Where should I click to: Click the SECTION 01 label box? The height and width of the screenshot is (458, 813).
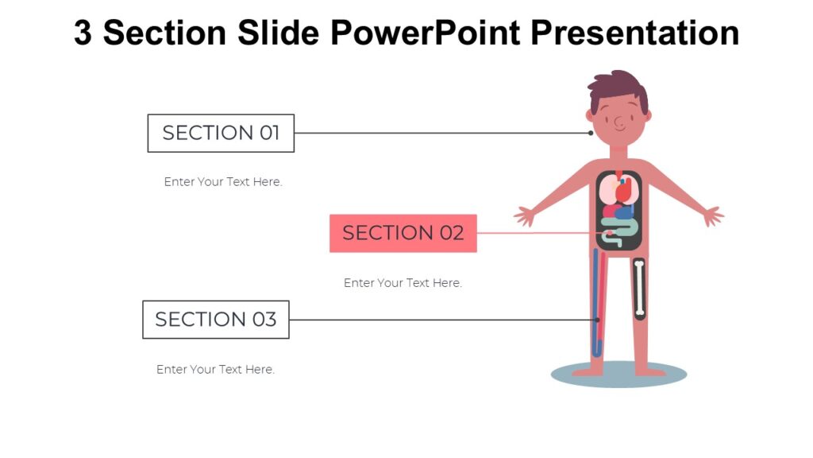click(221, 133)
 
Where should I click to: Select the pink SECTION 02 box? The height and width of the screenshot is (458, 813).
click(403, 233)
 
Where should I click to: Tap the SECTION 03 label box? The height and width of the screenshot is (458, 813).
click(215, 320)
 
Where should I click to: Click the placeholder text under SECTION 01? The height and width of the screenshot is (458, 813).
click(223, 182)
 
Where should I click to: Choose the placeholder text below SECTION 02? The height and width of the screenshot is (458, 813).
click(403, 283)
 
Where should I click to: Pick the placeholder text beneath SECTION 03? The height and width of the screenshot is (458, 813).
click(215, 370)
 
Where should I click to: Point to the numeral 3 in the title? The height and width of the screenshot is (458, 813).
click(83, 33)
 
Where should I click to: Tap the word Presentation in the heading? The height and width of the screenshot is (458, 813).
click(634, 33)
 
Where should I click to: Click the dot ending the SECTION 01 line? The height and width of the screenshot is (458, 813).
click(591, 133)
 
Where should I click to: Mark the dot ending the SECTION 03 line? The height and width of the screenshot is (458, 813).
click(598, 320)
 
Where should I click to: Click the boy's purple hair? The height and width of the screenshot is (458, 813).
click(617, 87)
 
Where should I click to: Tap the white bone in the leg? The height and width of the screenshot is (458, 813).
click(639, 289)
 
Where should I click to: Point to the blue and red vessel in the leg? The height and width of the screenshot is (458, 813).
click(598, 302)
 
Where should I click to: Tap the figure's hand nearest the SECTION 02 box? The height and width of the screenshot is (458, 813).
click(525, 215)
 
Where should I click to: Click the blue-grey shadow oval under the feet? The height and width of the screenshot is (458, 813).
click(618, 375)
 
